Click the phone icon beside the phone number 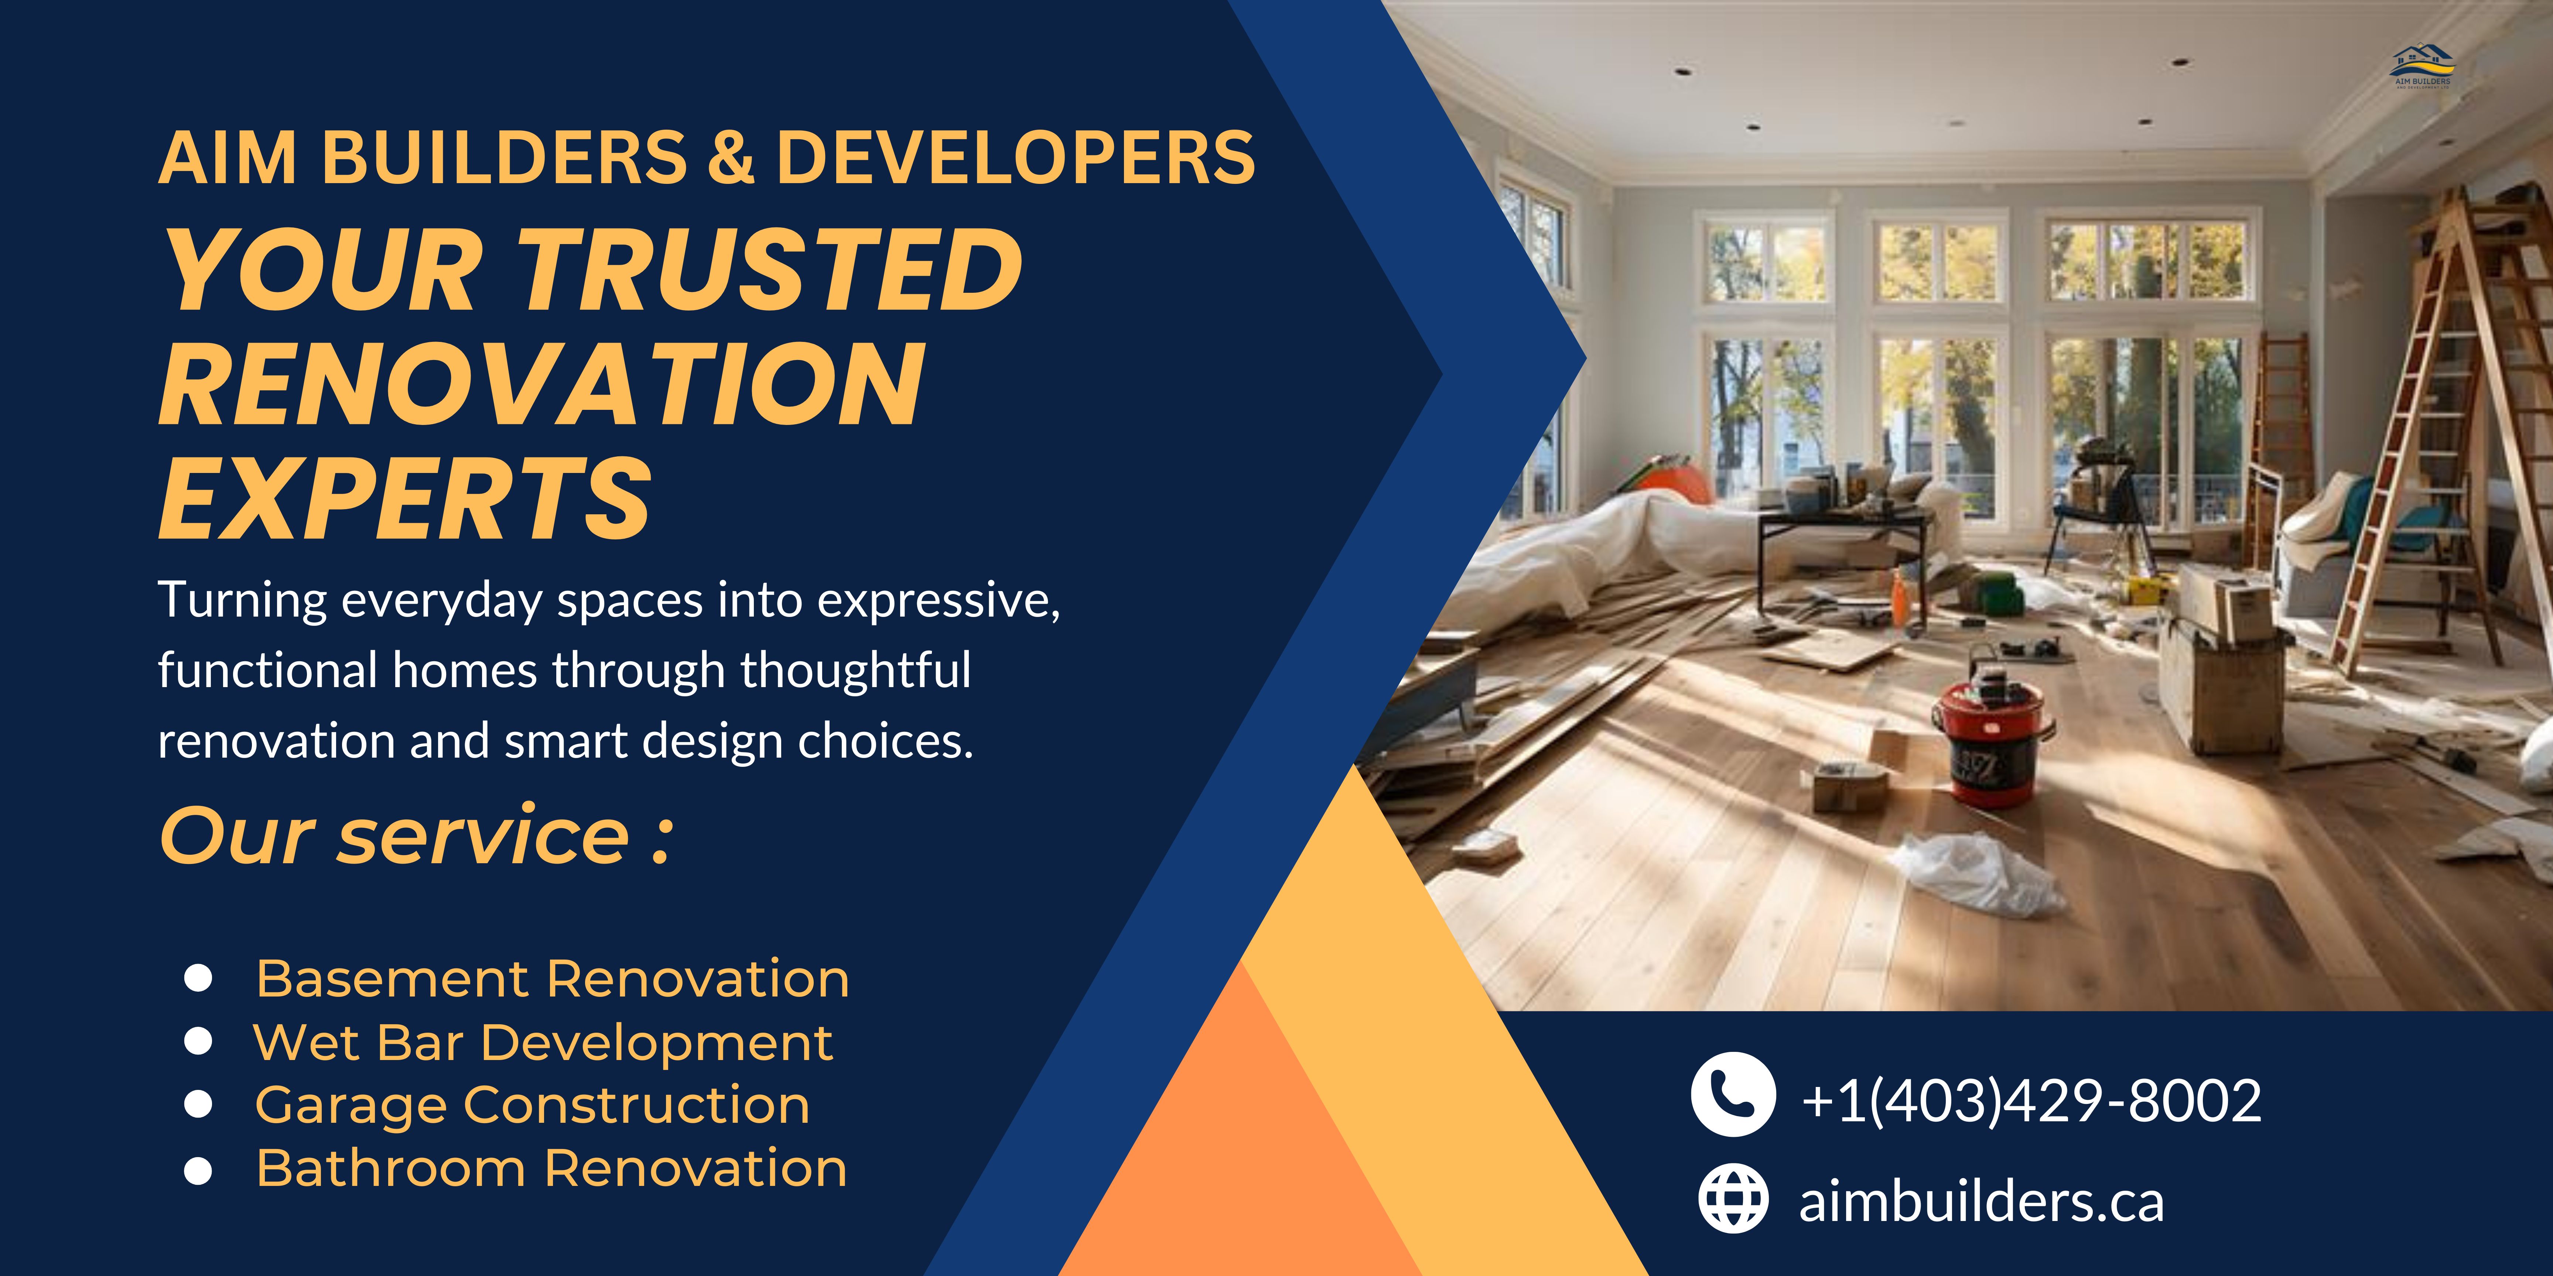[1732, 1094]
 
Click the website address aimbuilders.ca [1981, 1202]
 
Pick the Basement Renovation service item [552, 979]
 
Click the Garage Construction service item [532, 1105]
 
